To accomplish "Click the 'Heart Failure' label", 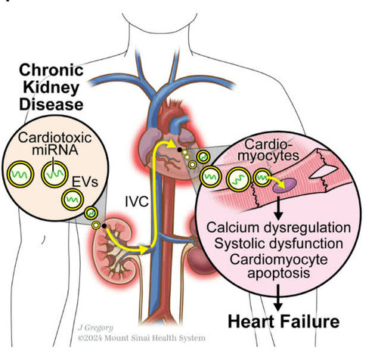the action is pyautogui.click(x=283, y=322).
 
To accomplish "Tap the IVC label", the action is pyautogui.click(x=137, y=202).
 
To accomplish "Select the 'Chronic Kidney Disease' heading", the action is pyautogui.click(x=51, y=87).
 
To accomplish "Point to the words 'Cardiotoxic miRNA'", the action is pyautogui.click(x=54, y=144).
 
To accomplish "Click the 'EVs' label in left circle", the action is pyautogui.click(x=85, y=182).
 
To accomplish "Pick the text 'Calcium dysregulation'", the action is pyautogui.click(x=278, y=228).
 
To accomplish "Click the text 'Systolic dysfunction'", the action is pyautogui.click(x=278, y=244).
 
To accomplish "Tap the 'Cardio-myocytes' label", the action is pyautogui.click(x=268, y=151).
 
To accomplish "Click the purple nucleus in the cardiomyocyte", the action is pyautogui.click(x=284, y=185).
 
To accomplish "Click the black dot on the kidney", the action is pyautogui.click(x=104, y=226).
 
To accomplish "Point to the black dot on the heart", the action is pyautogui.click(x=179, y=150).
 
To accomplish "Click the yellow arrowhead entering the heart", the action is pyautogui.click(x=171, y=144).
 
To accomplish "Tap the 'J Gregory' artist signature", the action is pyautogui.click(x=95, y=327).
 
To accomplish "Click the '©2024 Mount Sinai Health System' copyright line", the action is pyautogui.click(x=141, y=338).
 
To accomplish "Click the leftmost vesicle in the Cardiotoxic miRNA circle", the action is pyautogui.click(x=20, y=175).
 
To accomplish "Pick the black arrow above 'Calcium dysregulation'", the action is pyautogui.click(x=278, y=208).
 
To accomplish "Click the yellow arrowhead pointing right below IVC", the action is pyautogui.click(x=144, y=250).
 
